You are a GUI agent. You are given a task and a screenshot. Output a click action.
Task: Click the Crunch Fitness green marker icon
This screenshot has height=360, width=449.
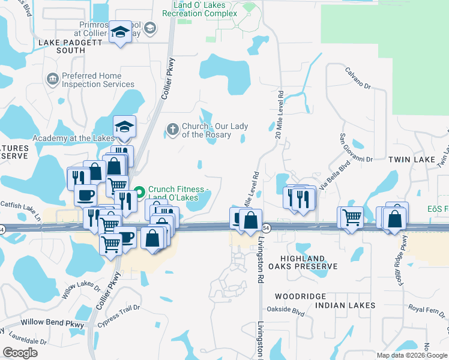pyautogui.click(x=139, y=193)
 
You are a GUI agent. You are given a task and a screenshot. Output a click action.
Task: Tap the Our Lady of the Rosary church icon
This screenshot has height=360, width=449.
pyautogui.click(x=172, y=128)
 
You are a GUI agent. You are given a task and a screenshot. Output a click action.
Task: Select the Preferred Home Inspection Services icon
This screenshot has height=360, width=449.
pyautogui.click(x=52, y=79)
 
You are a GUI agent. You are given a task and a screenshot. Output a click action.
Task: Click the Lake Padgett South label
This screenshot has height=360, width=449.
pyautogui.click(x=62, y=46)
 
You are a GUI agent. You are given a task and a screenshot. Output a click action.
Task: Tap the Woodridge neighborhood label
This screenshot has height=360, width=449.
pyautogui.click(x=300, y=296)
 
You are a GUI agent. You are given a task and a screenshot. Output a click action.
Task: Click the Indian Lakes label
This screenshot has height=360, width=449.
pyautogui.click(x=351, y=305)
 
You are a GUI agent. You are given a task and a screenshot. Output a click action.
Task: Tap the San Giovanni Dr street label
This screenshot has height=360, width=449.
pyautogui.click(x=357, y=148)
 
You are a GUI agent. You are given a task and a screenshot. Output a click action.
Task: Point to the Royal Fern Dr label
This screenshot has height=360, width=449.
pyautogui.click(x=424, y=310)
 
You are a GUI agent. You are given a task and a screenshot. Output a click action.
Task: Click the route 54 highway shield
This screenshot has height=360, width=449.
pyautogui.click(x=267, y=229)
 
